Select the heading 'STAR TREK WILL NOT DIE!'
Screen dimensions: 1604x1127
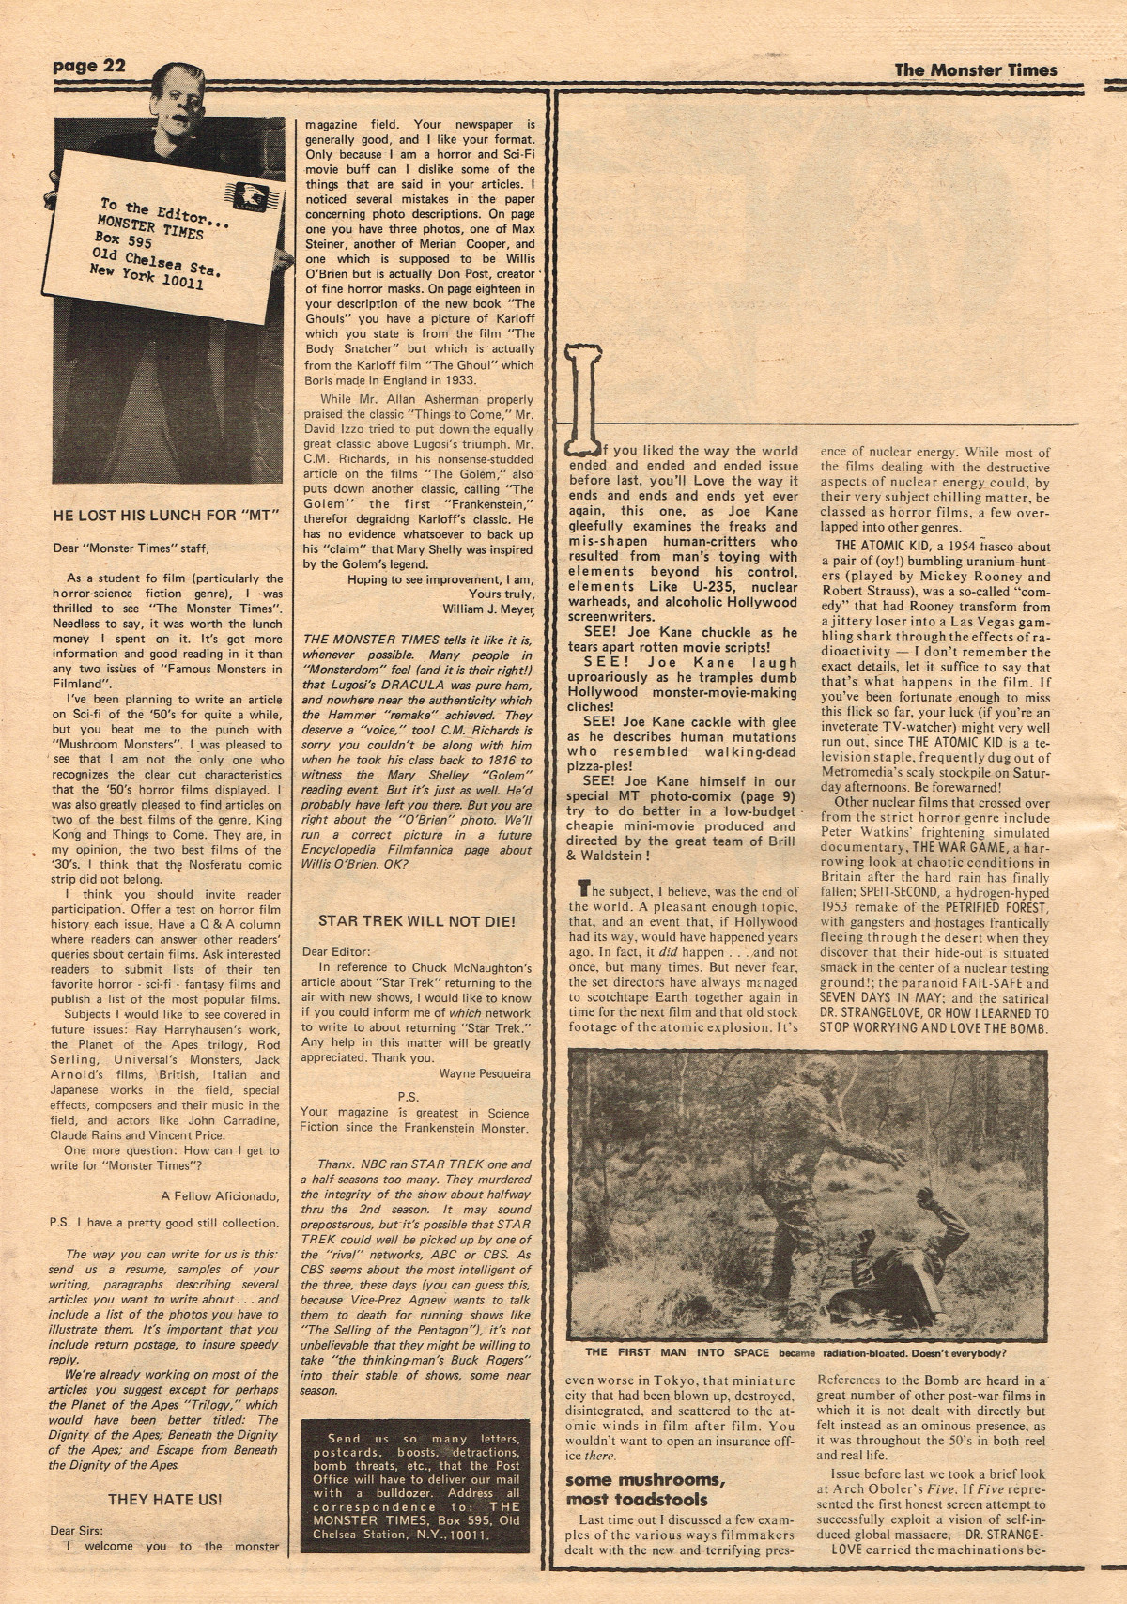[417, 921]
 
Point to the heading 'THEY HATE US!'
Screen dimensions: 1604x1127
[164, 1500]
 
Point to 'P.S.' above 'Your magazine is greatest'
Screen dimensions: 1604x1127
[407, 1096]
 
